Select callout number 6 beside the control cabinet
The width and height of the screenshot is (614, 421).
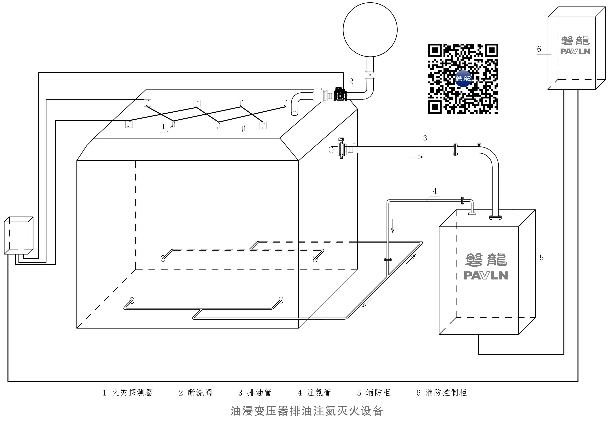point(539,49)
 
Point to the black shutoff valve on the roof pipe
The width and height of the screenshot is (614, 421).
point(340,94)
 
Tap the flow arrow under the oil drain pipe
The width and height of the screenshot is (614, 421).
point(416,157)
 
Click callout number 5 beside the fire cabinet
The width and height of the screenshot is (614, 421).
point(541,258)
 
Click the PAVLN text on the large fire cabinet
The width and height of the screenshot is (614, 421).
point(486,276)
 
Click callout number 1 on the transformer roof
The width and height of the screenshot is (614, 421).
point(163,127)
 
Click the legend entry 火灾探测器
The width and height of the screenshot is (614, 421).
point(132,393)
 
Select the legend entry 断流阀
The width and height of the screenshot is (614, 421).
point(200,393)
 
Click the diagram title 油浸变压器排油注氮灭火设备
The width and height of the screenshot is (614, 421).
point(307,411)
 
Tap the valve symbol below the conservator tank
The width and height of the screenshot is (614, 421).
point(370,75)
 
